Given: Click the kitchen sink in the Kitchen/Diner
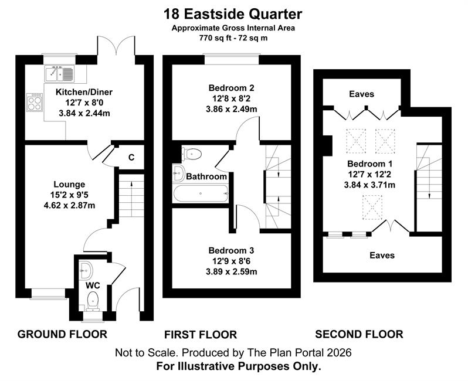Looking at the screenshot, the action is (x=60, y=73).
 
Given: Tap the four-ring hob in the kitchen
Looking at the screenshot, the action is (x=35, y=103).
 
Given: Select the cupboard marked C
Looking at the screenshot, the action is (x=131, y=157).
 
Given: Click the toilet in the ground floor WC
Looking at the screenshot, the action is (x=93, y=301).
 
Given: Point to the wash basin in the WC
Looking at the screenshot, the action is (x=86, y=271).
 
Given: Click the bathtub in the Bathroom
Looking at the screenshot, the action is (x=201, y=193).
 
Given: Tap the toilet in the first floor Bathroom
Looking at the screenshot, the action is (x=192, y=154).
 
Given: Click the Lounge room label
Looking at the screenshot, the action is (x=69, y=185).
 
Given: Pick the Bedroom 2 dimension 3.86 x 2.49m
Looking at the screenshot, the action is (x=231, y=109).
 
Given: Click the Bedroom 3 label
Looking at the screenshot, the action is (x=231, y=251).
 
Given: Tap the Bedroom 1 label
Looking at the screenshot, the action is (x=370, y=164).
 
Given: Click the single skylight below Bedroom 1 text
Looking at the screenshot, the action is (x=372, y=207).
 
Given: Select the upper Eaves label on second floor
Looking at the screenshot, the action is (x=361, y=94).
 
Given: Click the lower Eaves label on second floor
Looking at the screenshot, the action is (x=382, y=256).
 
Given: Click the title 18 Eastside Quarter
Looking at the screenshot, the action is (x=233, y=14).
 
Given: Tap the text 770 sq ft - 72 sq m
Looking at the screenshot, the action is (x=233, y=38).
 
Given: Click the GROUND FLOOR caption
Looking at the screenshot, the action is (x=62, y=334).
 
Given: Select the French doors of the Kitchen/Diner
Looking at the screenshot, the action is (x=116, y=46).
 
